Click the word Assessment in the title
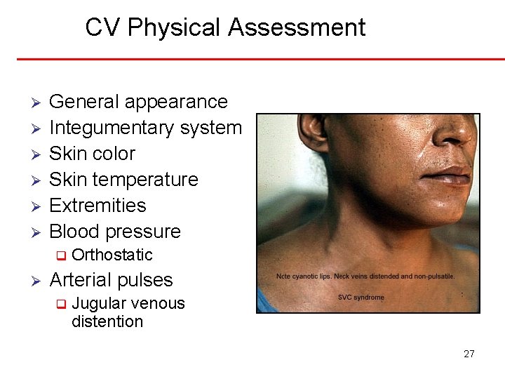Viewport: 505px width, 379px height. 297,28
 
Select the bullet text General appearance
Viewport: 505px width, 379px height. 138,102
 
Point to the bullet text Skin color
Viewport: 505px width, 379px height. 92,154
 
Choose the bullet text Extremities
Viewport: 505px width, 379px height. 97,206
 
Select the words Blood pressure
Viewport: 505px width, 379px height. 115,232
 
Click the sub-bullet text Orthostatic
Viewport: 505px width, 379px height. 112,255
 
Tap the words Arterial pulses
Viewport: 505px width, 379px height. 111,280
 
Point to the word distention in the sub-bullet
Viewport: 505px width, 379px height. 107,321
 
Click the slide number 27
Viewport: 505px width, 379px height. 469,354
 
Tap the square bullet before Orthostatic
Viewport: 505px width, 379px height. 61,255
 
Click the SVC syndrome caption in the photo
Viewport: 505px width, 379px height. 361,298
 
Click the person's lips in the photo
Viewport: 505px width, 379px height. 452,175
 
